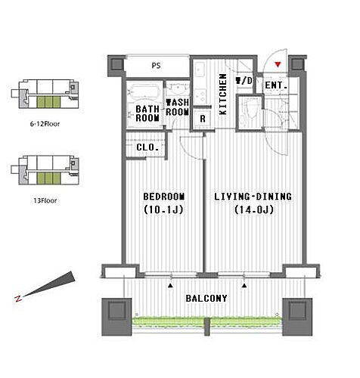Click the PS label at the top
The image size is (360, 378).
(x=156, y=66)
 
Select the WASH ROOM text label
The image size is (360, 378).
(x=177, y=107)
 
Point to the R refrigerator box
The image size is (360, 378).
(x=203, y=119)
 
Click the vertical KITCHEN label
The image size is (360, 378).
(x=223, y=94)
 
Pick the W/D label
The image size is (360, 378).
(x=244, y=81)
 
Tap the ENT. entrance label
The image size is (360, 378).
(x=276, y=85)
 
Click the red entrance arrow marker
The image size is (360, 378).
(x=278, y=65)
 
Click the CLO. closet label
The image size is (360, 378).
(x=147, y=147)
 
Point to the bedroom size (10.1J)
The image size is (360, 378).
(x=163, y=209)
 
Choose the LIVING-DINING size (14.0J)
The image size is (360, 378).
(x=254, y=209)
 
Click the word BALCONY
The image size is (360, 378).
(x=206, y=299)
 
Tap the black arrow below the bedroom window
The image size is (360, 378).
(x=171, y=286)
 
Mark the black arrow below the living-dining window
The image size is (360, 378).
(x=244, y=286)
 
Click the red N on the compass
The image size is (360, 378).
(x=18, y=299)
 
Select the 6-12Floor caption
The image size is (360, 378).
(x=45, y=124)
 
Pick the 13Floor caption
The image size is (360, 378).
(x=45, y=201)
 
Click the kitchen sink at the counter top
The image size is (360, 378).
(x=200, y=70)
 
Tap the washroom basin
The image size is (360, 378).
(x=178, y=88)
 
